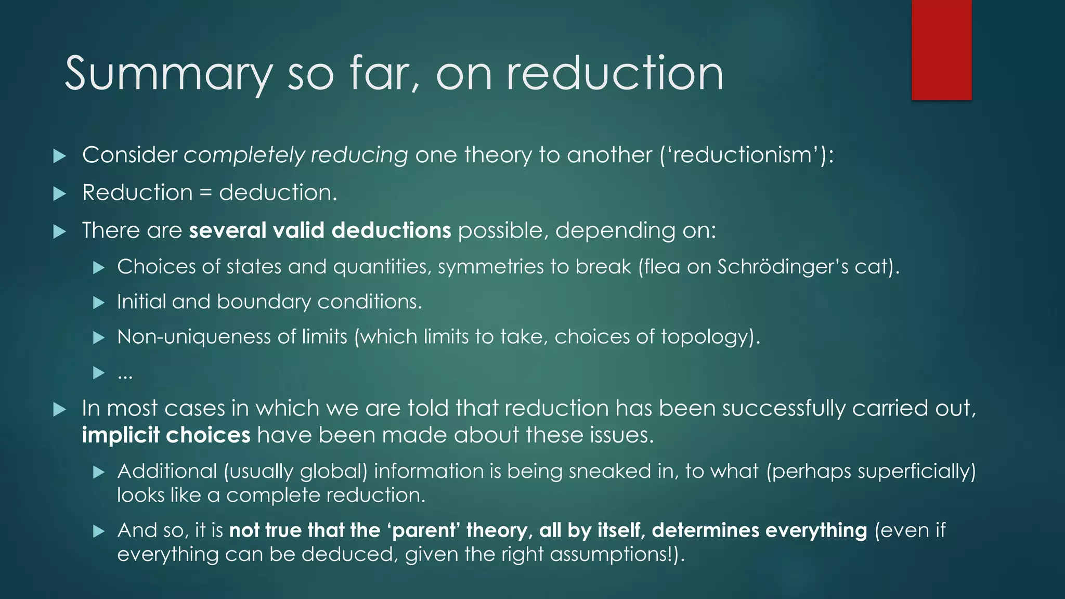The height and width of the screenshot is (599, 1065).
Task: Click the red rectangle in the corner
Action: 941,50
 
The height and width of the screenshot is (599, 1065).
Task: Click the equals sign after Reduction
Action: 206,193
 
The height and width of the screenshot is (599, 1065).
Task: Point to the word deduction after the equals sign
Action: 278,193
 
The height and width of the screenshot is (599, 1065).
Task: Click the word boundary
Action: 263,302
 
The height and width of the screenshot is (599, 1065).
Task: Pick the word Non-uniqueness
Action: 194,337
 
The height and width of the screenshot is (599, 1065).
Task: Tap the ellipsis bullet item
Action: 125,373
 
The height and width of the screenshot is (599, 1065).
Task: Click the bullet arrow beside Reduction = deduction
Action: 60,194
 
